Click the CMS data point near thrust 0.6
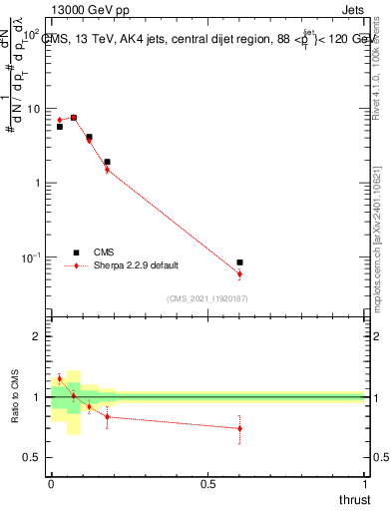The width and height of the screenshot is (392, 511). click(x=239, y=261)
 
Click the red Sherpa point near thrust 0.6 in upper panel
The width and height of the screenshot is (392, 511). click(x=239, y=273)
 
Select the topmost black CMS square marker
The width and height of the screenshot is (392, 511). click(x=74, y=117)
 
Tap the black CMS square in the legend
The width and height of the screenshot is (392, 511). click(x=75, y=253)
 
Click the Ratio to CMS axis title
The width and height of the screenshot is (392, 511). click(x=15, y=397)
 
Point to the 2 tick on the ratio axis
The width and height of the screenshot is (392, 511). click(x=38, y=336)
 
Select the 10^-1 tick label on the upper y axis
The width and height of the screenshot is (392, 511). click(x=32, y=257)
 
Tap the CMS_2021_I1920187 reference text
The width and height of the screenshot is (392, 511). click(x=207, y=297)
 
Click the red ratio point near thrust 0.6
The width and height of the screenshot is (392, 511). click(x=239, y=428)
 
